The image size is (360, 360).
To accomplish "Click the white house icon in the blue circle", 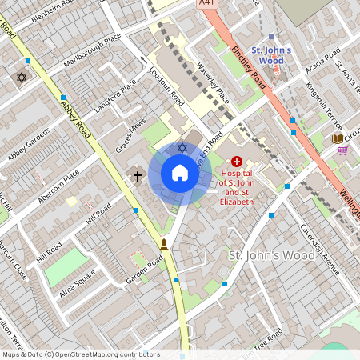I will pos(180,173).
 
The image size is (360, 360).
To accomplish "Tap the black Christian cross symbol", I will pos(138,175).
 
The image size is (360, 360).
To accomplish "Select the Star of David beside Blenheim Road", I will pos(22,78).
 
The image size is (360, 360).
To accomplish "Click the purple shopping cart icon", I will pos(343,150).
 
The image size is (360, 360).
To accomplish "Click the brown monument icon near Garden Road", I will pos(164,243).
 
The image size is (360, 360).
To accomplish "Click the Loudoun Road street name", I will pos(166,87).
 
